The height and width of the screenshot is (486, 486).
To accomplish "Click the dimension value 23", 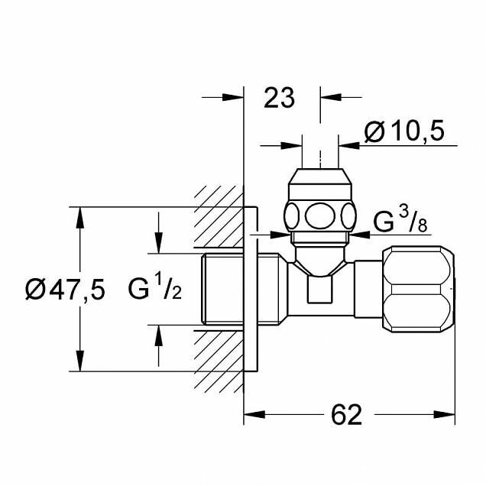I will pyautogui.click(x=278, y=99).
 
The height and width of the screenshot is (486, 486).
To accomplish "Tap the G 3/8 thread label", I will pyautogui.click(x=400, y=222).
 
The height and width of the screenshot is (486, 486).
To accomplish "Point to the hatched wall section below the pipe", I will pyautogui.click(x=216, y=359).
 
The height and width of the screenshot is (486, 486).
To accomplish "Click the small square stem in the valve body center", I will pyautogui.click(x=319, y=290).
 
